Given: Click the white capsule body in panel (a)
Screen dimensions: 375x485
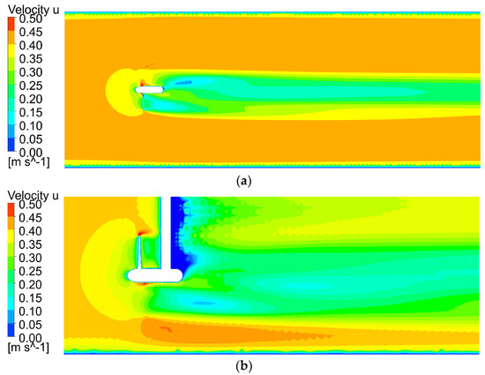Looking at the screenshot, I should coord(151,90).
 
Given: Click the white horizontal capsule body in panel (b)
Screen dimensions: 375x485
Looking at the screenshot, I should coord(154,276).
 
